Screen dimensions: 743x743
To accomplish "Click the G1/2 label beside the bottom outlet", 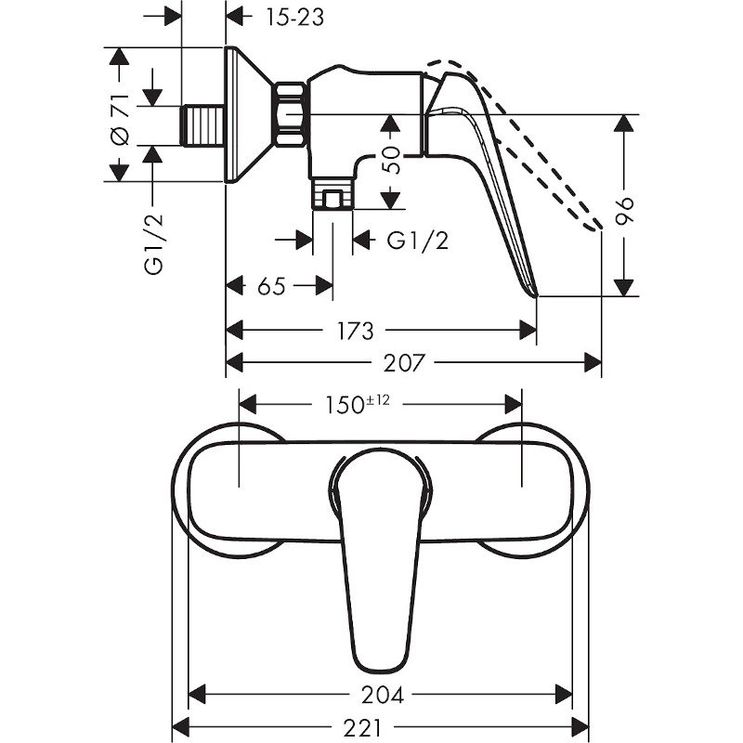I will click(417, 241).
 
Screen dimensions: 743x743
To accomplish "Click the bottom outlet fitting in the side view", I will click(332, 195).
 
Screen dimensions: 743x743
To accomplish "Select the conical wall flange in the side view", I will click(249, 113).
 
